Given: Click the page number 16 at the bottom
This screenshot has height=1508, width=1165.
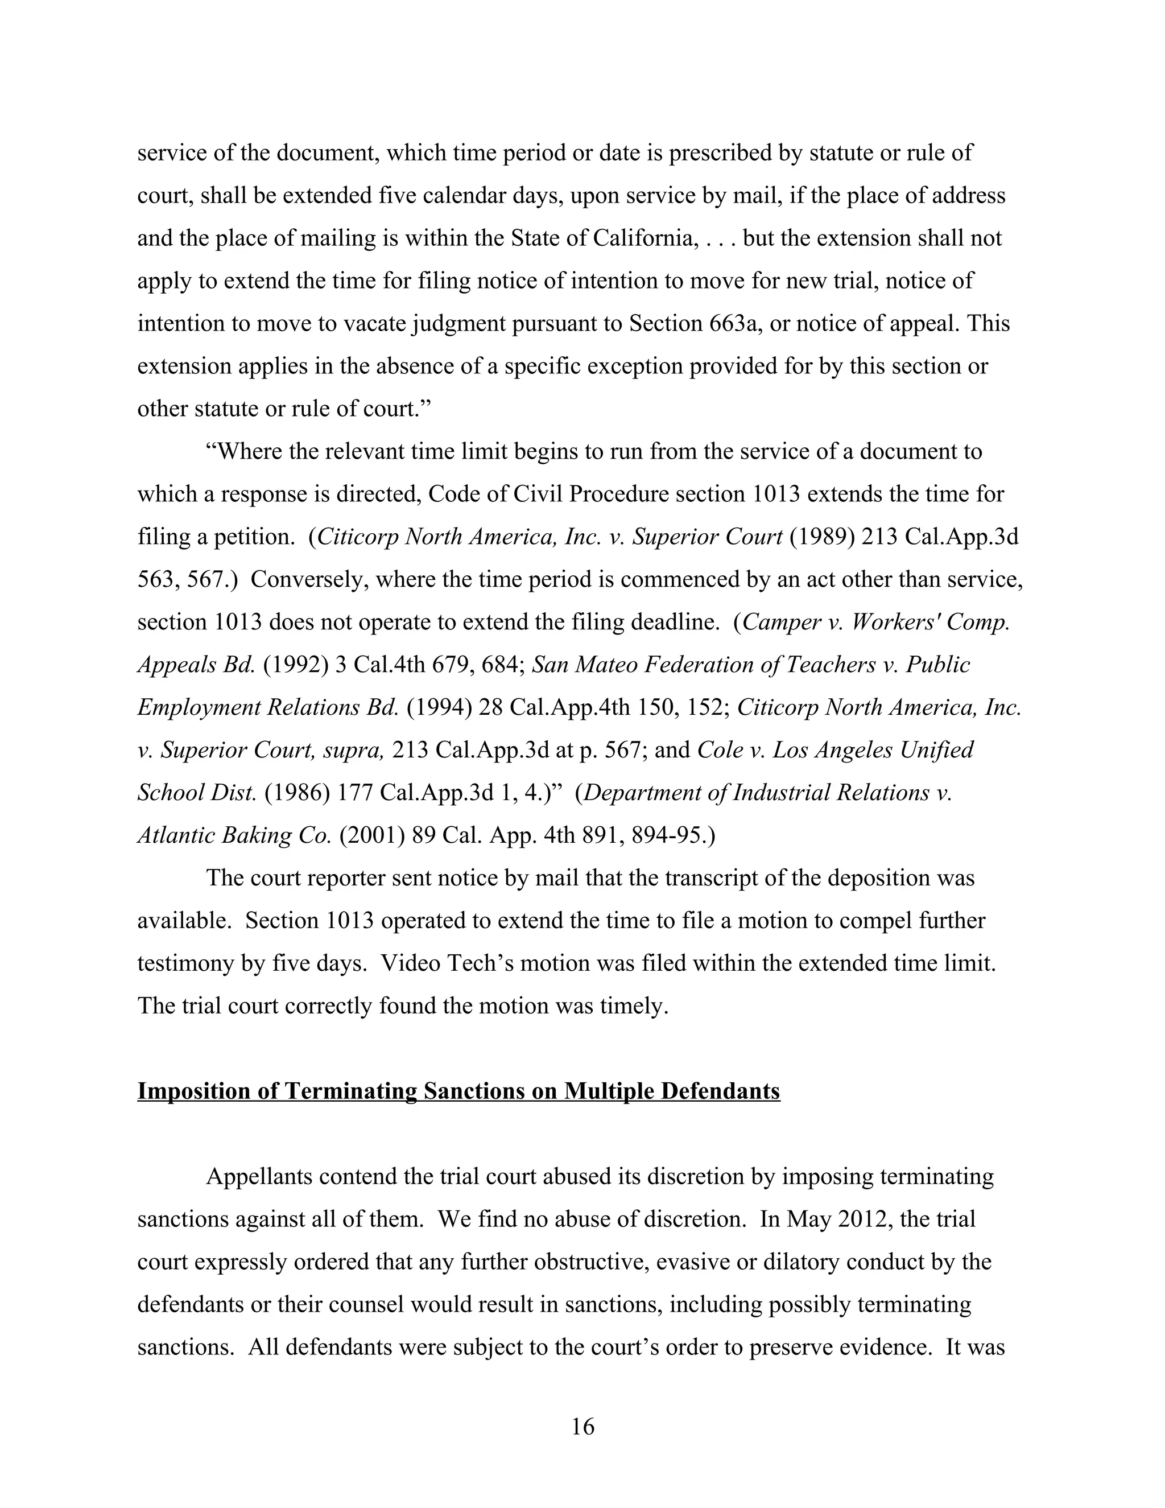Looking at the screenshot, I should pyautogui.click(x=582, y=1426).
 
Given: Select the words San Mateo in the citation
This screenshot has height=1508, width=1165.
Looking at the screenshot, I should pyautogui.click(x=575, y=664).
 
